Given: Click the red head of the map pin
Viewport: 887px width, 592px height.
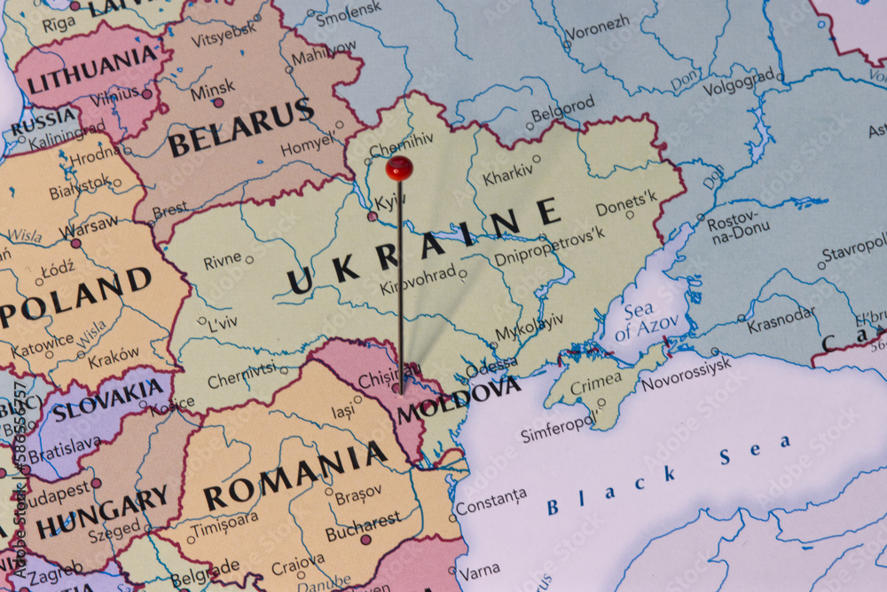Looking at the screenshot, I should coord(399,167).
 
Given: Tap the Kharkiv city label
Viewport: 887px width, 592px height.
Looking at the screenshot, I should coord(509,174).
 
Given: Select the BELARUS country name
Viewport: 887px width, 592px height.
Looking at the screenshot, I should coord(240,128).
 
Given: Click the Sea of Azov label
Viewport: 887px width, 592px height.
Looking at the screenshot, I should coord(645,322).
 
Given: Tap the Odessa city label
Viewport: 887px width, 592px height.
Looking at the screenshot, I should coord(491,365).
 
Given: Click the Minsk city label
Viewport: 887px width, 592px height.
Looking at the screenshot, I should coord(212,89).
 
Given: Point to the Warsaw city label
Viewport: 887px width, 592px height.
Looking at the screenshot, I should coord(88,227).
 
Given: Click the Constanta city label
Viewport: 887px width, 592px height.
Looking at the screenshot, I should coord(491,501).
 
